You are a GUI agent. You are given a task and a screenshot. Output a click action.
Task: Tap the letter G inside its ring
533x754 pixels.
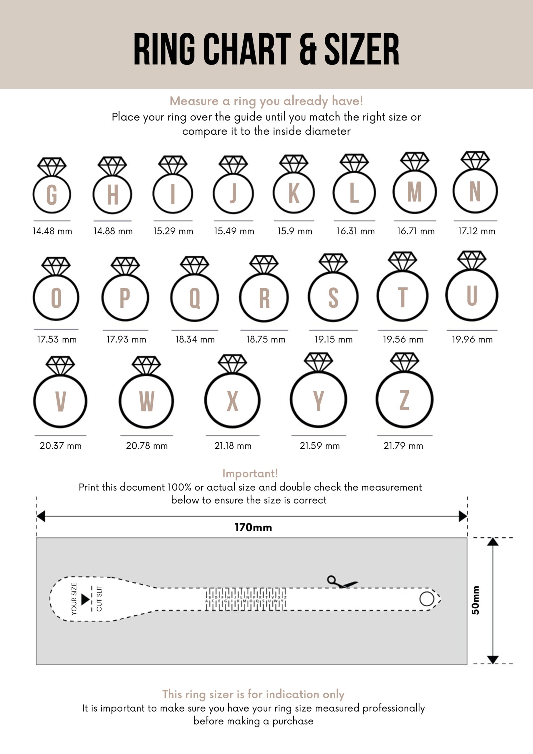pos(52,195)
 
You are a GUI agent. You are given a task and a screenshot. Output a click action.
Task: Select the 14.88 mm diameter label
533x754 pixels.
pos(113,231)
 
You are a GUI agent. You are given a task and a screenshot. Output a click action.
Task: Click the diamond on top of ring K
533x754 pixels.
pos(294,163)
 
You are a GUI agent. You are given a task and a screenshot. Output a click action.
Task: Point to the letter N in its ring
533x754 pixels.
pos(475,191)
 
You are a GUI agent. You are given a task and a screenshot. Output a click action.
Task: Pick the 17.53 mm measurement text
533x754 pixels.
pos(57,339)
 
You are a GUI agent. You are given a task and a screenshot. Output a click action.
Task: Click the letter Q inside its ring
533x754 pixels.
pos(195,298)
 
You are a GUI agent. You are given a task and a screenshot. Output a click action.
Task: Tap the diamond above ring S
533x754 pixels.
pos(333,262)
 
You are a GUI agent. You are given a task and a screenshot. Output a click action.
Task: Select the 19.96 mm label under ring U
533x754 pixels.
pos(472,339)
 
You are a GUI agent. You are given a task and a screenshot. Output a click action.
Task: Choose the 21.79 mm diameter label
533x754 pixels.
pos(403,446)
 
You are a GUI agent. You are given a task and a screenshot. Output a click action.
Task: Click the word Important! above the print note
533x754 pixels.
pos(250,473)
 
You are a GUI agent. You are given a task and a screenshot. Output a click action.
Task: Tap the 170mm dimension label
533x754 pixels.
pos(253,528)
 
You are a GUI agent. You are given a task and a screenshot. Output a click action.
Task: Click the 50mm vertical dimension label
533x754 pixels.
pos(475,600)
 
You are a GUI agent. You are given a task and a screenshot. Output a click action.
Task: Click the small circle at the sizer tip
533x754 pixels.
pos(427,599)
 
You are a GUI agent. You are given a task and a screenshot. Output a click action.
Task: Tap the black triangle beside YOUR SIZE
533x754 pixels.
pos(85,599)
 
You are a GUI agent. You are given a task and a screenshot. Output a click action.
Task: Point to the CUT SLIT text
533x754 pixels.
pos(99,599)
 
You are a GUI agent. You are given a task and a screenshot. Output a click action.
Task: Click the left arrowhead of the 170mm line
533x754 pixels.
pos(41,516)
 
